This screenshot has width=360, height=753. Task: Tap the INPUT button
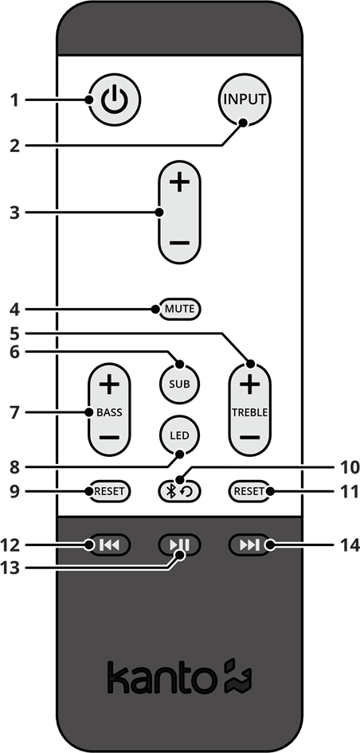245,101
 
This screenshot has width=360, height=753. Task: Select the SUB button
179,384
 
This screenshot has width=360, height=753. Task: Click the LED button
179,435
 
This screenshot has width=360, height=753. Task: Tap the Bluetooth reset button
179,491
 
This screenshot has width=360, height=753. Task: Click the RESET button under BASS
109,491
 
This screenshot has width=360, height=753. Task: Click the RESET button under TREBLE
249,491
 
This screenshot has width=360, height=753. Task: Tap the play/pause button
179,544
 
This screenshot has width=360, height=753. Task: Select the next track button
249,544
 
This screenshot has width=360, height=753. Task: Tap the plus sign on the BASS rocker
109,385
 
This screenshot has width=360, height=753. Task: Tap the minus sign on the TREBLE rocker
249,438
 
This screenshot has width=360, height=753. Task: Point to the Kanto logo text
160,678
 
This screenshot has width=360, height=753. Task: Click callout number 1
14,100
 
